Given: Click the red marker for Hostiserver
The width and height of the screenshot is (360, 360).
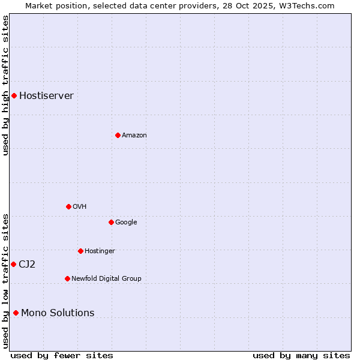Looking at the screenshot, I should pos(14,95).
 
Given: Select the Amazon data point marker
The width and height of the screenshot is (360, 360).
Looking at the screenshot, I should pos(118,135).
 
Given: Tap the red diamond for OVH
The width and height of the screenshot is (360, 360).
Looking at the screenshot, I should pos(68,206).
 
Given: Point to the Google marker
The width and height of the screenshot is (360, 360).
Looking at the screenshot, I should pos(111,222).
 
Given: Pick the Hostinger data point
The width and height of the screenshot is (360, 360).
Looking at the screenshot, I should pos(80,251).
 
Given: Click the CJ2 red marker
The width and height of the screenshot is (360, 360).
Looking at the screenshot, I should pos(13,264).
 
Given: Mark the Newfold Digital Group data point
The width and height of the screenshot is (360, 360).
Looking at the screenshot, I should pos(67,278).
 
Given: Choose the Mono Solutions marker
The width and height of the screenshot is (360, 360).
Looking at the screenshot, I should pos(16,313).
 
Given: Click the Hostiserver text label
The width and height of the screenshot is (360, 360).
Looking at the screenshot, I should pos(46,96).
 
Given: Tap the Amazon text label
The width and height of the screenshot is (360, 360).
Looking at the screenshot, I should pos(134,136).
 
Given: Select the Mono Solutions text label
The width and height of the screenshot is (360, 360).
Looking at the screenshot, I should pos(58,313).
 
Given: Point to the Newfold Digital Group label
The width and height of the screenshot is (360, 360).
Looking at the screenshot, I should pos(106,278).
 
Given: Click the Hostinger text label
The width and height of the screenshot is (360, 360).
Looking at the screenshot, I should pos(100,251).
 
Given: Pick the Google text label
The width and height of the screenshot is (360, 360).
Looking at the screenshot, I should pos(126,222).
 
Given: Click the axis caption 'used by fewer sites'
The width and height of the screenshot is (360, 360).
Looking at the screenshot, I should pos(62,356).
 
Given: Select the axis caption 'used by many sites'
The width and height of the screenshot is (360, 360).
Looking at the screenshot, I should pos(301,356).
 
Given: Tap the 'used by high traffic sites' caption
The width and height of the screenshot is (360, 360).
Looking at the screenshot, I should pos(5,85).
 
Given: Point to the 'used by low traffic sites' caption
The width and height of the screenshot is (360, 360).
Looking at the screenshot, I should pos(5,281).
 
